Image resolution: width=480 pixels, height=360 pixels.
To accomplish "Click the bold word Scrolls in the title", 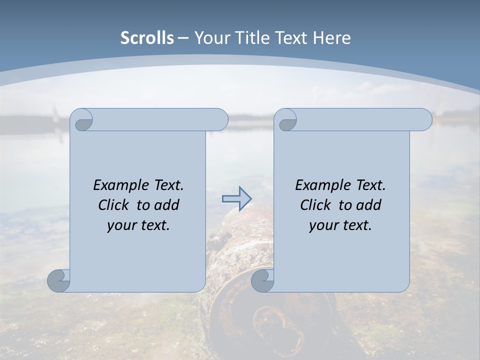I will [147, 37].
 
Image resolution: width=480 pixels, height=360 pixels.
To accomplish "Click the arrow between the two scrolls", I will [237, 199].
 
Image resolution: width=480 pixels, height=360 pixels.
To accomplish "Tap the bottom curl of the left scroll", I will [59, 280].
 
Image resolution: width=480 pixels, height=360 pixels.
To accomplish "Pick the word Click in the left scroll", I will [114, 205].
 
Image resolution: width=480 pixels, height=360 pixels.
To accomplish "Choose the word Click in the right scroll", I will [315, 205].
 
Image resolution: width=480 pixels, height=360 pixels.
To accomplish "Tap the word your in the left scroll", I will [121, 225].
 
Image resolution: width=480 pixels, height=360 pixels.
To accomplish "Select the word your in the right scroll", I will [323, 225].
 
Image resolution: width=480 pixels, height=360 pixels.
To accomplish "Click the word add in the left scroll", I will [167, 205].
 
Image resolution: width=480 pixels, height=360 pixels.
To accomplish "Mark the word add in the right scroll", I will [369, 205].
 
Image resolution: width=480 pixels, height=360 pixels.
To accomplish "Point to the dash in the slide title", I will [183, 37].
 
